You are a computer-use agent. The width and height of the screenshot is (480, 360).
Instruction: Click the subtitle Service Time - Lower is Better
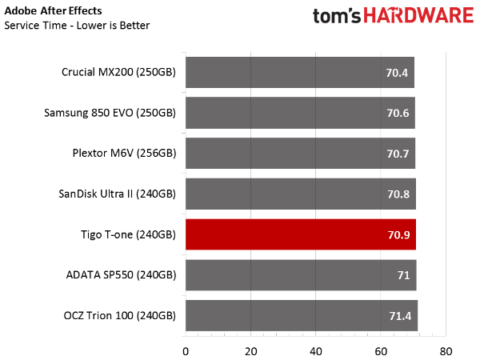pos(77,25)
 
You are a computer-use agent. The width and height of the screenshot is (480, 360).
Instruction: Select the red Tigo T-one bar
pos(300,234)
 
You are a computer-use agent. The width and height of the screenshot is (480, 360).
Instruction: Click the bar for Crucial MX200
pos(299,71)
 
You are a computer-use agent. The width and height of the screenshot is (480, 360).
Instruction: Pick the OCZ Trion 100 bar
pos(301,316)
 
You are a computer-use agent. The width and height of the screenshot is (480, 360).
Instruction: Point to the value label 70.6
pos(398,113)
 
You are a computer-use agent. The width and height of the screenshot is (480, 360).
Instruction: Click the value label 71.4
pos(399,317)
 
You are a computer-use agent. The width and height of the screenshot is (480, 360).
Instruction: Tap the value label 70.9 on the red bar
pos(398,235)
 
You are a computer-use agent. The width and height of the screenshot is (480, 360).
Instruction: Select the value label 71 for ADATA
pos(402,276)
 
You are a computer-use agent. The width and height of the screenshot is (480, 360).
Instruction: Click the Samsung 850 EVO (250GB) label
pos(110,112)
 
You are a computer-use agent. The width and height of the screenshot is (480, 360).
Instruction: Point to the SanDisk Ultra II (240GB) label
pos(117,194)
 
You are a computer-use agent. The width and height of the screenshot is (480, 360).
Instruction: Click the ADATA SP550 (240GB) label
pos(121,275)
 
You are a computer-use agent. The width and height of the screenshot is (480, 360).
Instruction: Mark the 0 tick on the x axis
pos(186,350)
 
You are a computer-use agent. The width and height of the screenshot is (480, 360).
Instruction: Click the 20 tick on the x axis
pos(251,350)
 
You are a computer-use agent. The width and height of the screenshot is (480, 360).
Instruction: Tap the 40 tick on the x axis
pos(316,350)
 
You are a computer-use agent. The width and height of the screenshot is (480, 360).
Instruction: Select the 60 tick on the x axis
pos(382,350)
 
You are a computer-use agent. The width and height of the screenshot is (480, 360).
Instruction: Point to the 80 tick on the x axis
pos(446,350)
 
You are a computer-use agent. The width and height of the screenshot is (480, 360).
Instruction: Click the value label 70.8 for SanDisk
pos(398,194)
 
